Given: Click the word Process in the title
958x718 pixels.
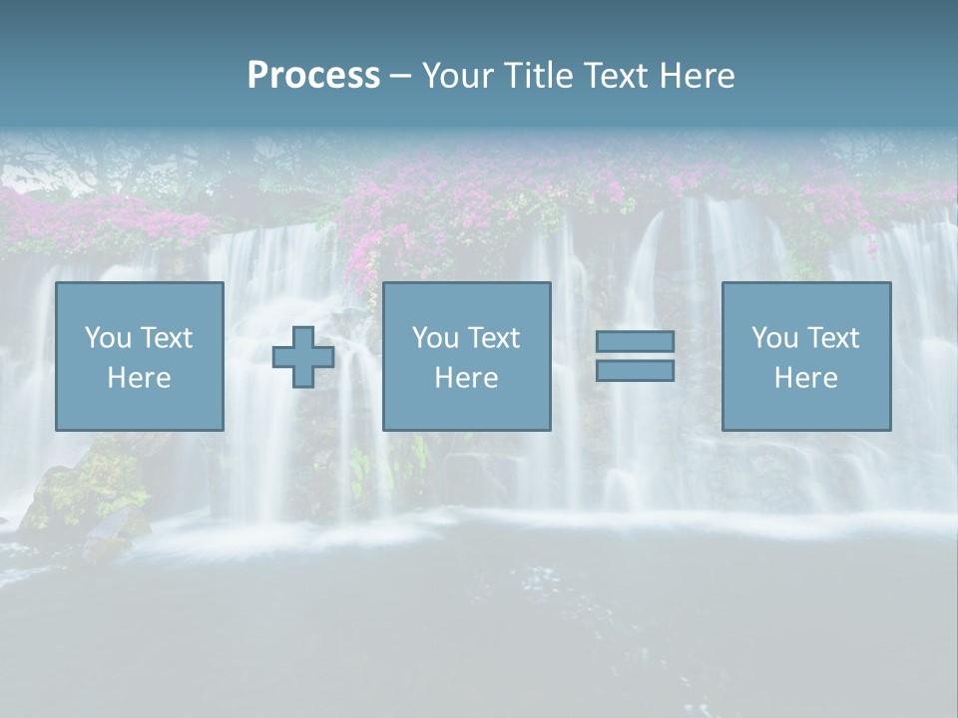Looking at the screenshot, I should click(x=313, y=76).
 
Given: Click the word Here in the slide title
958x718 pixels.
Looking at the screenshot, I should click(x=698, y=76).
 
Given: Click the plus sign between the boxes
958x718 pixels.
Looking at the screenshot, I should click(x=303, y=357).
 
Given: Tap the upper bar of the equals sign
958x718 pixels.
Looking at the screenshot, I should click(x=635, y=341).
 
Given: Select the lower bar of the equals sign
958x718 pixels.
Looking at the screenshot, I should click(x=635, y=371).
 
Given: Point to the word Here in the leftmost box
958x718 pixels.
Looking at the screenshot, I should click(x=139, y=378).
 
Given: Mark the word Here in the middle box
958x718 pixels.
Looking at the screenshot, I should click(x=466, y=378).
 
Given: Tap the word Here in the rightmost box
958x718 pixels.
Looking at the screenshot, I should click(x=805, y=378).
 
